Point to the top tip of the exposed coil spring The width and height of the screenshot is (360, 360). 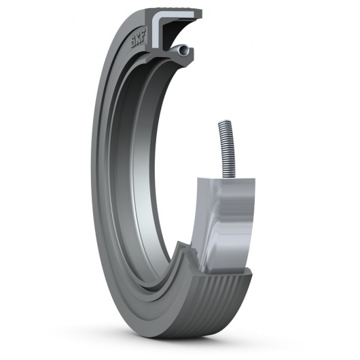click(222, 123)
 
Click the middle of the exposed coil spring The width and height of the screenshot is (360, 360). click(225, 149)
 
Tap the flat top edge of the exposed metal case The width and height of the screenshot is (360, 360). click(228, 181)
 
